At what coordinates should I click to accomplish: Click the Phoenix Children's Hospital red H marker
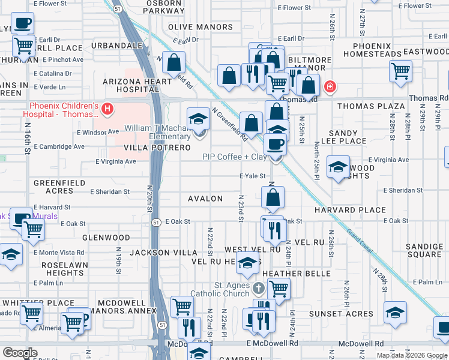(x=107, y=109)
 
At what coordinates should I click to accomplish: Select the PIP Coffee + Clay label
(x=234, y=157)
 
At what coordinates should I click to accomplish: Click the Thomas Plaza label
(x=371, y=106)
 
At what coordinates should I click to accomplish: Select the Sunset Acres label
(x=341, y=314)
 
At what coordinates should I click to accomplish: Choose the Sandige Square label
(x=424, y=250)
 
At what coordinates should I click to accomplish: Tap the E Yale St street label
(x=252, y=176)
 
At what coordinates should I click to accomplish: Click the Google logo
(x=20, y=353)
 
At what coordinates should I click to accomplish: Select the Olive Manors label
(x=200, y=27)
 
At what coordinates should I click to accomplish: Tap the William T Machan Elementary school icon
(x=198, y=119)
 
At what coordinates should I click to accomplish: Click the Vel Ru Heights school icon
(x=247, y=263)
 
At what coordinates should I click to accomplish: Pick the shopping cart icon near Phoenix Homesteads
(x=400, y=71)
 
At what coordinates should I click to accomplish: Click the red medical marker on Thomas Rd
(x=329, y=88)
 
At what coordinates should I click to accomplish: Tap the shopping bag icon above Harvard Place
(x=273, y=197)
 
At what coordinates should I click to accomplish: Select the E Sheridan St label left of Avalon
(x=110, y=192)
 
